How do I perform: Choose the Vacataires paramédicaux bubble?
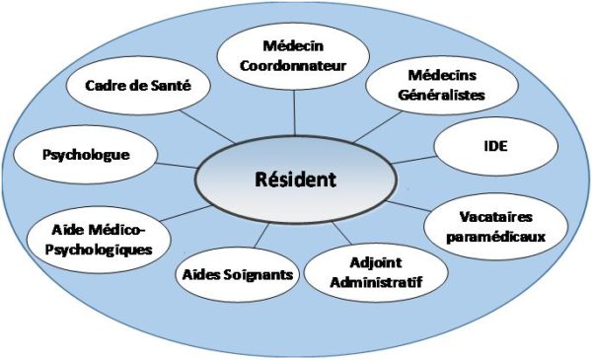pos(498,226)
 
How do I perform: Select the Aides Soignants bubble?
pos(237,273)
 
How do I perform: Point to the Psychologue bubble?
pos(87,155)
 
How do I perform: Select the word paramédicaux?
pos(498,237)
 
